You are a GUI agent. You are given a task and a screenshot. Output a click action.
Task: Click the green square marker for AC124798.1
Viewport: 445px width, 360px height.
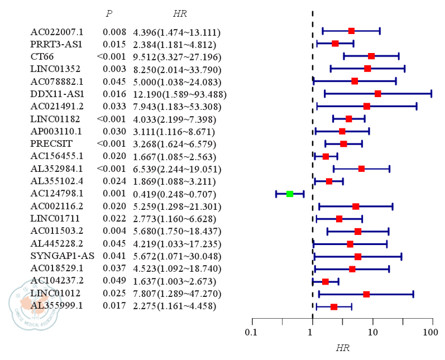(x=290, y=194)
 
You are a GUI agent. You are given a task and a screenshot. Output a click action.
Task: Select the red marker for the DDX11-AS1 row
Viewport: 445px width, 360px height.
(x=378, y=93)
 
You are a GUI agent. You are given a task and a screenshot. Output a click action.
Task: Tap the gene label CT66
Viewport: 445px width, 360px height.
(x=42, y=56)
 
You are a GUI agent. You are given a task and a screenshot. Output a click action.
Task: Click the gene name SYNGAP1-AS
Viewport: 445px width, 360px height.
(x=62, y=256)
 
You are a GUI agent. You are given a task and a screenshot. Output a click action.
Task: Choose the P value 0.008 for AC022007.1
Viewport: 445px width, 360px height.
(x=114, y=32)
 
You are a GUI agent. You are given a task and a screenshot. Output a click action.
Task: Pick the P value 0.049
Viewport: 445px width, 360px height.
(x=114, y=280)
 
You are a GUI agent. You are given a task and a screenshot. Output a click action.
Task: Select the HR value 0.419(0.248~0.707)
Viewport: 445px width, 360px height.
(x=175, y=194)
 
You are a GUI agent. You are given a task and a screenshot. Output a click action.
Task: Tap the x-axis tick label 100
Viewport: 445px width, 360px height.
(x=430, y=333)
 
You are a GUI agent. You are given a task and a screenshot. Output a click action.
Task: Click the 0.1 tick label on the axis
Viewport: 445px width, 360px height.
(x=252, y=333)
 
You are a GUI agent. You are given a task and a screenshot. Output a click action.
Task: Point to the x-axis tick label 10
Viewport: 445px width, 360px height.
(x=372, y=333)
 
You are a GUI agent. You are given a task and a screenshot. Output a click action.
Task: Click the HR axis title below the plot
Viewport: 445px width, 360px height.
(x=342, y=348)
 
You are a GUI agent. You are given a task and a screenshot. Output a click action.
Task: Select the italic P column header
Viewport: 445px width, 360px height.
(x=108, y=14)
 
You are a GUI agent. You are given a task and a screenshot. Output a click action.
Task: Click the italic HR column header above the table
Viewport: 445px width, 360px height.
(x=180, y=14)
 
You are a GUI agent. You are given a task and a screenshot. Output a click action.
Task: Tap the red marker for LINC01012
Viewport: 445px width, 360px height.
(x=366, y=294)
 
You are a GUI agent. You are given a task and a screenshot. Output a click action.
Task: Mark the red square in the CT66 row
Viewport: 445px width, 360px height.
(x=371, y=56)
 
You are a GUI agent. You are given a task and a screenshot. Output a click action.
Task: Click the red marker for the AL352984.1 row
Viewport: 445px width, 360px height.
(x=361, y=169)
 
